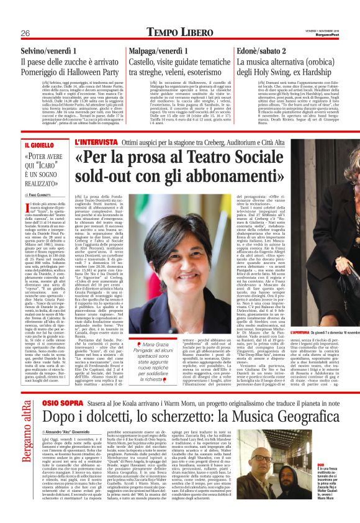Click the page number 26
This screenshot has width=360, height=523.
(25, 15)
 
